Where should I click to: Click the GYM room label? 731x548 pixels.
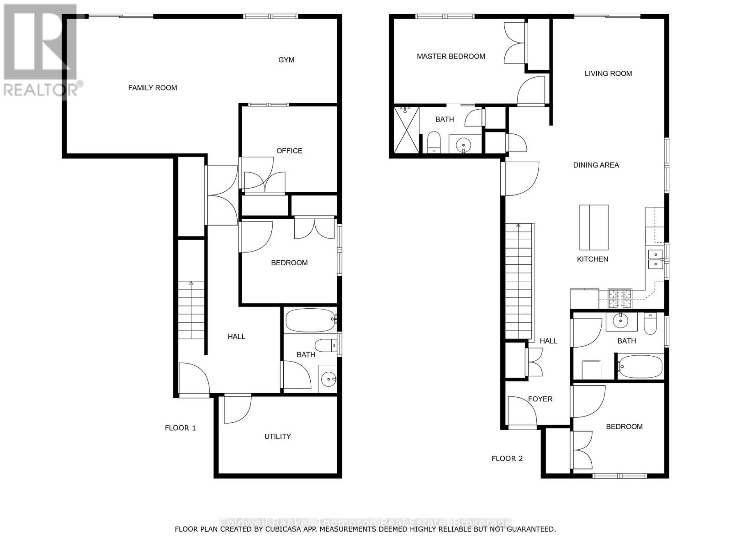click(286, 60)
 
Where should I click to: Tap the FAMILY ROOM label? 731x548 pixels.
click(153, 88)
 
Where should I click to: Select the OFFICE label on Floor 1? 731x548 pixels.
click(289, 151)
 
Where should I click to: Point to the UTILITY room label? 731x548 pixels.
click(277, 436)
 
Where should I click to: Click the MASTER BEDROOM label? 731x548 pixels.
click(451, 57)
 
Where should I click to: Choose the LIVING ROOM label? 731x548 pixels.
click(608, 74)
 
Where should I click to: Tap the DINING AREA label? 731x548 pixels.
click(596, 165)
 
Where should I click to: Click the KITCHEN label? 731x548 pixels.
click(593, 259)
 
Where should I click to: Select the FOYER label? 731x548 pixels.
click(540, 399)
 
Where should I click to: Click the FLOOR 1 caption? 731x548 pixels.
click(180, 428)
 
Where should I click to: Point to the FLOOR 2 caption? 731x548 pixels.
click(507, 458)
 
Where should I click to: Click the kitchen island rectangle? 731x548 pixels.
click(594, 227)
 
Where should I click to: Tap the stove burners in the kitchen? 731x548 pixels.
click(620, 299)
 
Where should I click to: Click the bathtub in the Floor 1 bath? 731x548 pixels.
click(310, 321)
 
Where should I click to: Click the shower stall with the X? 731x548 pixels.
click(406, 130)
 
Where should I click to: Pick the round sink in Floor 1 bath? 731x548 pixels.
click(329, 379)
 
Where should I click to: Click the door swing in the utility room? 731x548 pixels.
click(237, 409)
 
